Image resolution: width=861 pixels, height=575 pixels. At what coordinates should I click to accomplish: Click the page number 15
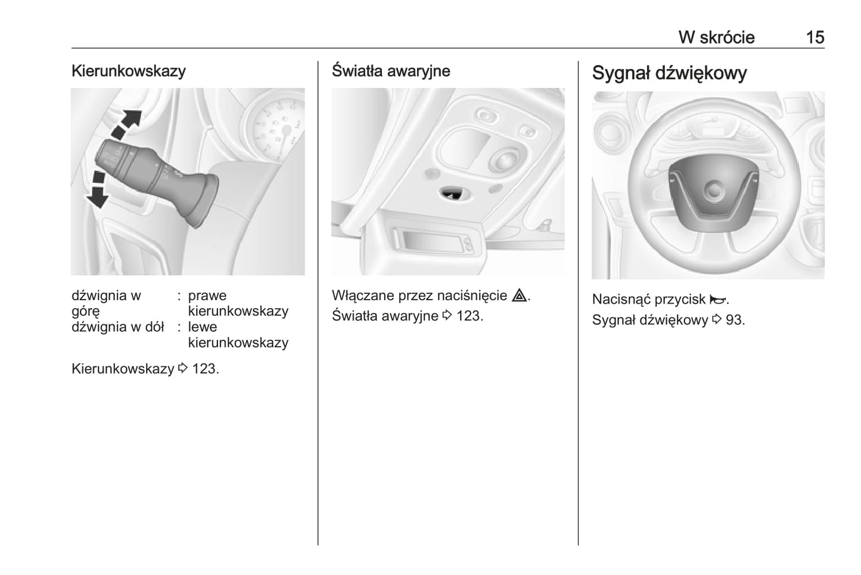815,38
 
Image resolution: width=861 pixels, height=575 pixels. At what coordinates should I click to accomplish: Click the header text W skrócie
716,38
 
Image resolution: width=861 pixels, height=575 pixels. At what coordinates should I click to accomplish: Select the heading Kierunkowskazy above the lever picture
128,71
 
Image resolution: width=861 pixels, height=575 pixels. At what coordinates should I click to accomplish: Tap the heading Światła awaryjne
391,71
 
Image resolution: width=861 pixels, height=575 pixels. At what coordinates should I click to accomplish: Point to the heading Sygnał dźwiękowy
669,73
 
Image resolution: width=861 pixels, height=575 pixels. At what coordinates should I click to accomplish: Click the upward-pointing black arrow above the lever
126,124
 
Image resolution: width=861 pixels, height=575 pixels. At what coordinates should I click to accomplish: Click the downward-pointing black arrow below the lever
98,190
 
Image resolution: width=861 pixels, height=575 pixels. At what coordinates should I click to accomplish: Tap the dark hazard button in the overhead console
453,194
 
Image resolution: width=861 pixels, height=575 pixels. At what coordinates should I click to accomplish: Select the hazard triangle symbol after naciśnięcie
520,295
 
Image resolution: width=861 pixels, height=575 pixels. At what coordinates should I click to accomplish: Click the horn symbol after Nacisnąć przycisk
717,299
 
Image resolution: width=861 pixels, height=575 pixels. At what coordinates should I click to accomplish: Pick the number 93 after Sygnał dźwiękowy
733,320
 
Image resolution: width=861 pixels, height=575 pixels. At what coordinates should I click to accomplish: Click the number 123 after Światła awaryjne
468,316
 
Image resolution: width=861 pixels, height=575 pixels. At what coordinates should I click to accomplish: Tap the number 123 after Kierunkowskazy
204,369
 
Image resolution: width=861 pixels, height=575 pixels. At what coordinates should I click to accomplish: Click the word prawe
207,296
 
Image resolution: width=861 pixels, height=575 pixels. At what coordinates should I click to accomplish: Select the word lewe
203,327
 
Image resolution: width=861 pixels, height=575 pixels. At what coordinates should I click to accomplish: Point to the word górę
85,312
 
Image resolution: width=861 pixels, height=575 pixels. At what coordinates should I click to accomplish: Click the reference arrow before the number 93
717,319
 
